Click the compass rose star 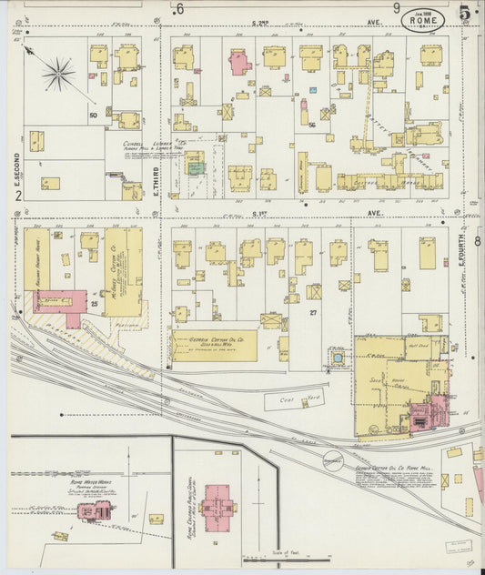point(59,72)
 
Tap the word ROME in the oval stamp point(423,18)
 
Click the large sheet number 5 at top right point(465,13)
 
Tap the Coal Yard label point(290,398)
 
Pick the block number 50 point(93,116)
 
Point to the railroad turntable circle point(333,456)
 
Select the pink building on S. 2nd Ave point(239,62)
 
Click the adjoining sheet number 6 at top point(180,9)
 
